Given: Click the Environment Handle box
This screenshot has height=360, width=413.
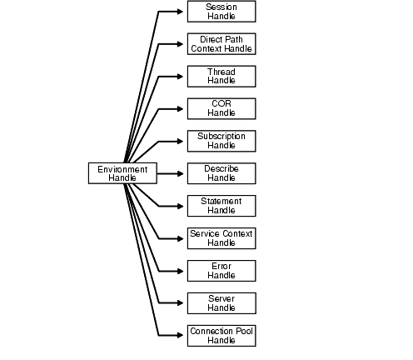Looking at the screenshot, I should [x=122, y=173].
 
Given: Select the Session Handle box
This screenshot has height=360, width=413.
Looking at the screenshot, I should [x=221, y=12].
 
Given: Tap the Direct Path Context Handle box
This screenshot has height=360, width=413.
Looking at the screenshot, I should [x=221, y=44].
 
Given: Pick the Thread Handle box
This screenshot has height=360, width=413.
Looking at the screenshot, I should [x=221, y=77].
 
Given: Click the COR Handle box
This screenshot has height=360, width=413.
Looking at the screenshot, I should [x=221, y=108].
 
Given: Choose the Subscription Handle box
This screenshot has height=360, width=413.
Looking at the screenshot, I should [x=221, y=141].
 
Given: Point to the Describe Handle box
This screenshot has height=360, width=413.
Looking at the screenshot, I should [x=221, y=173].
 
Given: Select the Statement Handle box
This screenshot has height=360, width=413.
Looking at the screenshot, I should [x=221, y=206].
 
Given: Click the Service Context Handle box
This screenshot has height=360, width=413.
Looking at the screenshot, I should [x=221, y=238].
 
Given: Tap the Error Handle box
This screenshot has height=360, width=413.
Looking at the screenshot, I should [x=221, y=270].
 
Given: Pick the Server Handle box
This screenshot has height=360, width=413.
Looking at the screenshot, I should [x=221, y=302].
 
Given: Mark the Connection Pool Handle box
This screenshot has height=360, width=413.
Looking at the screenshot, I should [x=221, y=335].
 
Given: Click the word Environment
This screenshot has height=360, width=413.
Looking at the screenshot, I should [x=122, y=169].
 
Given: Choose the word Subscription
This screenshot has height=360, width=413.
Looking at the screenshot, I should [x=221, y=137].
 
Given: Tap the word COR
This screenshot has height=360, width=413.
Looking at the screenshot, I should [x=221, y=104].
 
